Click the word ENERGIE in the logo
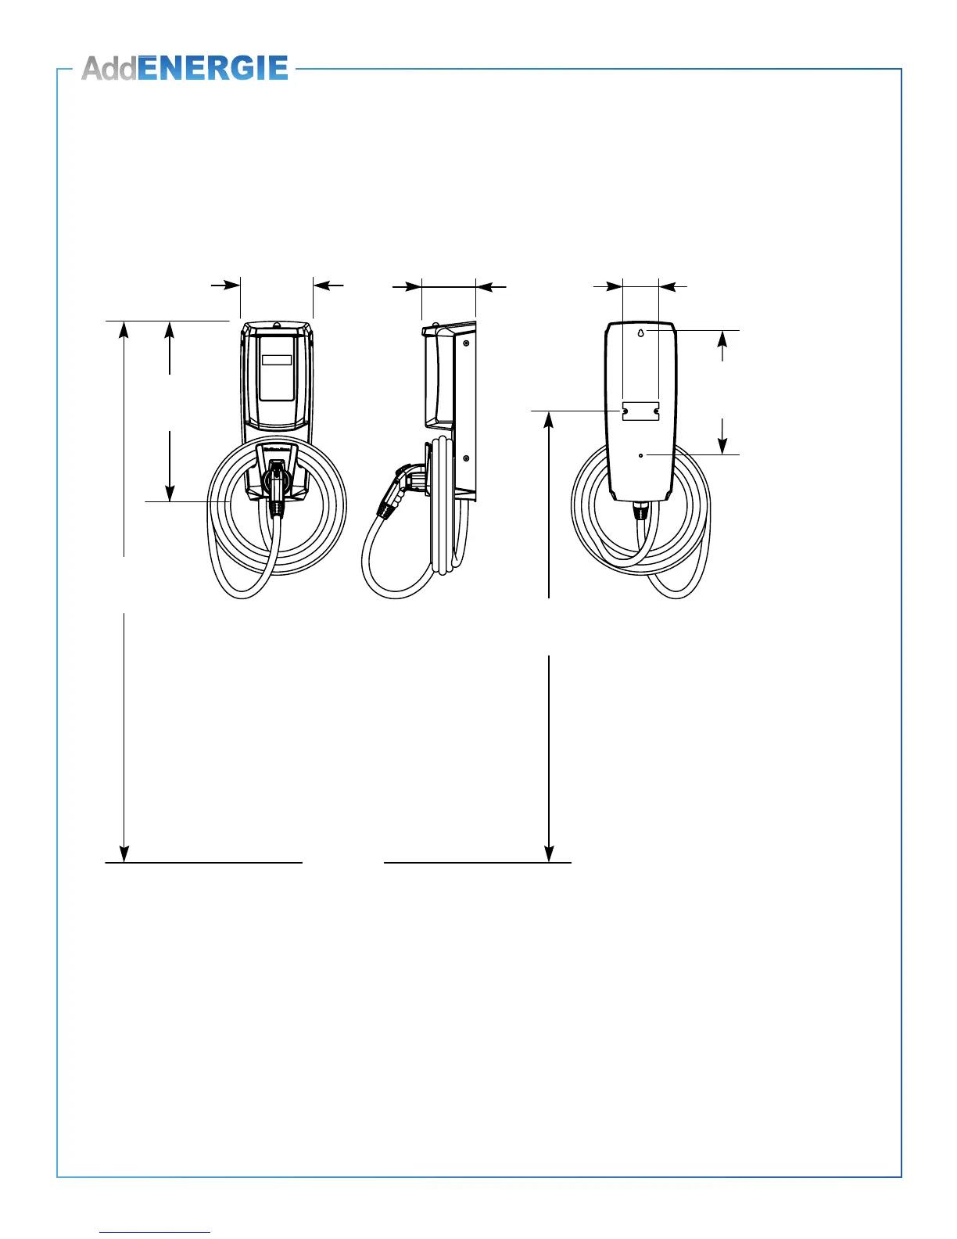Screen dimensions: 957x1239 (213, 68)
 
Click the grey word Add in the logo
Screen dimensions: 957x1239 (109, 68)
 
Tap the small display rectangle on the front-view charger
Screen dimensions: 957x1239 (277, 360)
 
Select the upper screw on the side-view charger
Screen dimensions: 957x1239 (466, 343)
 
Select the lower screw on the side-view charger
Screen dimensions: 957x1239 (466, 458)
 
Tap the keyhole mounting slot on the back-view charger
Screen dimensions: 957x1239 (640, 332)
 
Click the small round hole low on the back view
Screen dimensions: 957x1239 (640, 455)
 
